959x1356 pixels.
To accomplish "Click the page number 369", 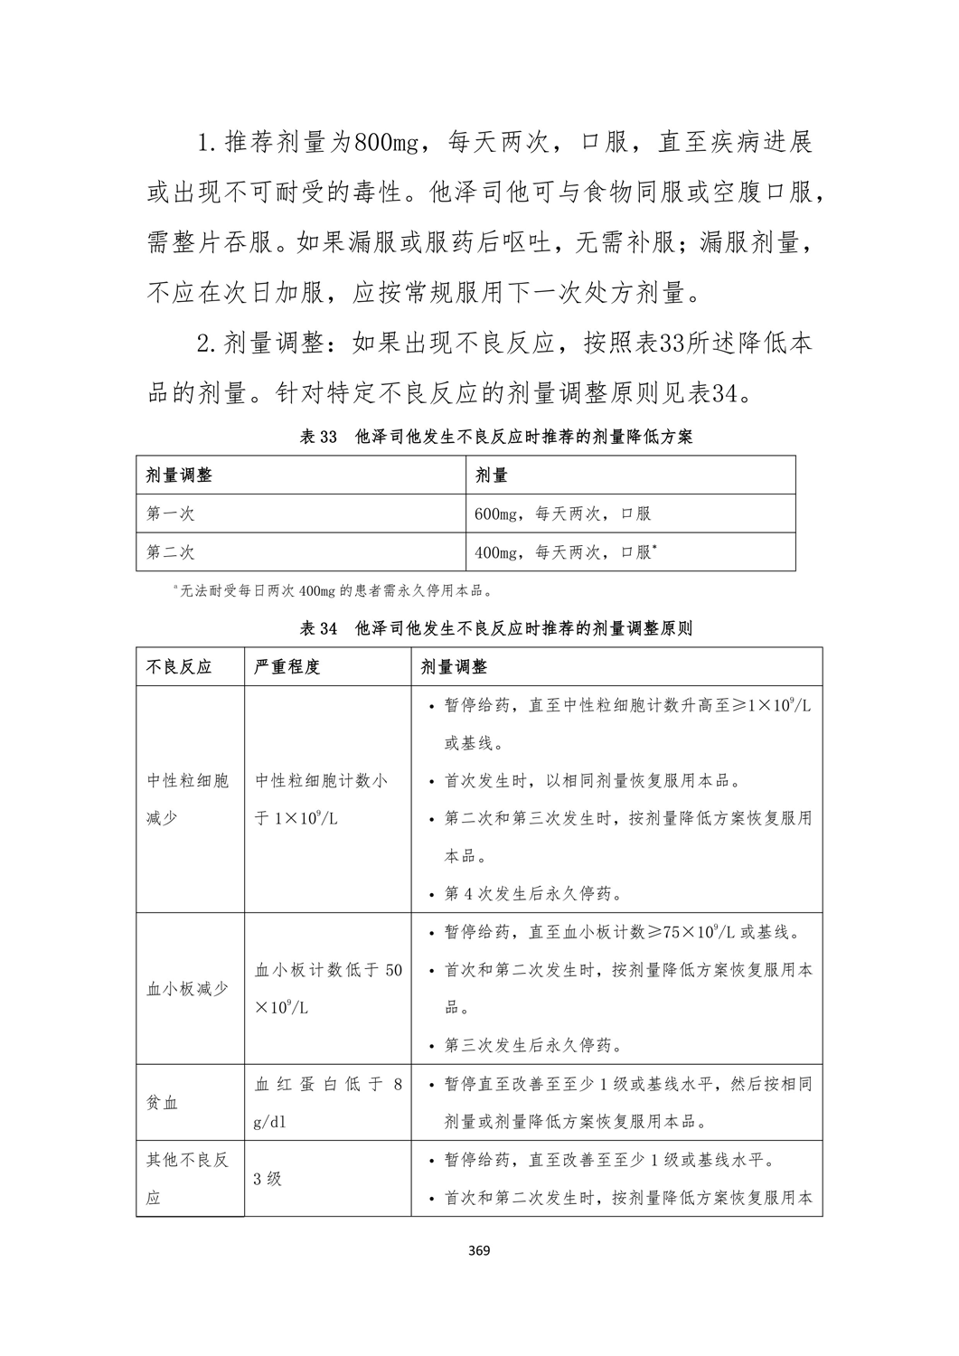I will [x=479, y=1252].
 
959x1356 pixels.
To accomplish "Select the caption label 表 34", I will [x=317, y=628].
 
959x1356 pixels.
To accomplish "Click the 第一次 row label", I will [x=171, y=513].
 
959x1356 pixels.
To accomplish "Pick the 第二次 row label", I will [x=171, y=551].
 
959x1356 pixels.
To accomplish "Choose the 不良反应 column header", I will [x=179, y=667].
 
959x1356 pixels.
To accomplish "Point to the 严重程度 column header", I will [x=287, y=667].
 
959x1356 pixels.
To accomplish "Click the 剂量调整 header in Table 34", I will [x=455, y=667].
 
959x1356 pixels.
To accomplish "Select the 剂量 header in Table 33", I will [x=492, y=475].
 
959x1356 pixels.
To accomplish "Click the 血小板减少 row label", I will [x=188, y=989].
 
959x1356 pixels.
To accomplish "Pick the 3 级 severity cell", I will [x=268, y=1179].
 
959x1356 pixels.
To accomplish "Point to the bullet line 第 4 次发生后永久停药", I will [x=532, y=894].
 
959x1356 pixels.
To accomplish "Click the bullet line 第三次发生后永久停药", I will [x=532, y=1046].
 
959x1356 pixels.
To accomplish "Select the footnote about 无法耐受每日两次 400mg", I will [x=334, y=592].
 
